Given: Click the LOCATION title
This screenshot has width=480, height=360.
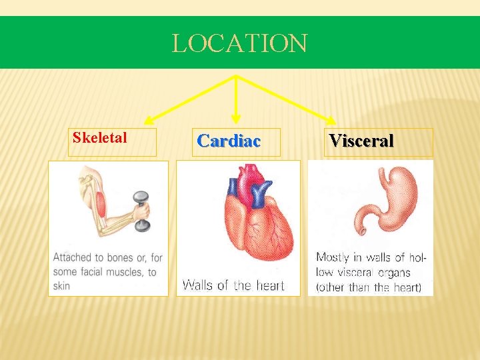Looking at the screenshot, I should click(239, 44).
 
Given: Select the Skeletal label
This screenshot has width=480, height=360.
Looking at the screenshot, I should click(100, 138).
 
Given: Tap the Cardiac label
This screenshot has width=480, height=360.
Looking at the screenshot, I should click(229, 141).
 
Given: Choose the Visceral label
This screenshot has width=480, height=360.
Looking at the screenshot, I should click(361, 141).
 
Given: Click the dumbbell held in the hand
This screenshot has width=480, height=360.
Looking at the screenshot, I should click(141, 211).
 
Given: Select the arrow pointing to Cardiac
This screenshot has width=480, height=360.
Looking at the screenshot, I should click(235, 100).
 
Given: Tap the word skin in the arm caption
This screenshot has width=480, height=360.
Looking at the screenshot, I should click(61, 286).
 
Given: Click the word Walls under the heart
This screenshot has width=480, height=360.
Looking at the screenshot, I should click(197, 285).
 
